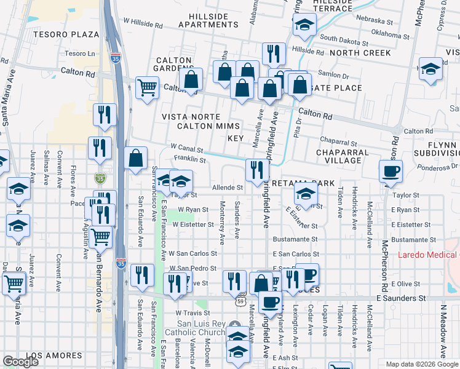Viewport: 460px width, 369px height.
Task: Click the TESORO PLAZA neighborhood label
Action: (x=66, y=34)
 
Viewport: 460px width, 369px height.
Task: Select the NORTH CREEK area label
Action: (x=360, y=53)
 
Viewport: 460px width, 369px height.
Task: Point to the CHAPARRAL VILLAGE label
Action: (x=343, y=156)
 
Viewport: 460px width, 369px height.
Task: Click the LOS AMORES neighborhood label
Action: (x=55, y=355)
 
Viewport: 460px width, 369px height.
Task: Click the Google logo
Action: (x=20, y=361)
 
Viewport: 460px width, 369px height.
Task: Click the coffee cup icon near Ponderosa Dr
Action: (x=390, y=170)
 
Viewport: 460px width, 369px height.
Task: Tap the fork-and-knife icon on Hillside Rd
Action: (x=274, y=53)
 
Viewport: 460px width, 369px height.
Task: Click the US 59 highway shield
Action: (x=242, y=302)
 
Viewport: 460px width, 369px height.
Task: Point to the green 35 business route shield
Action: (x=100, y=178)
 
